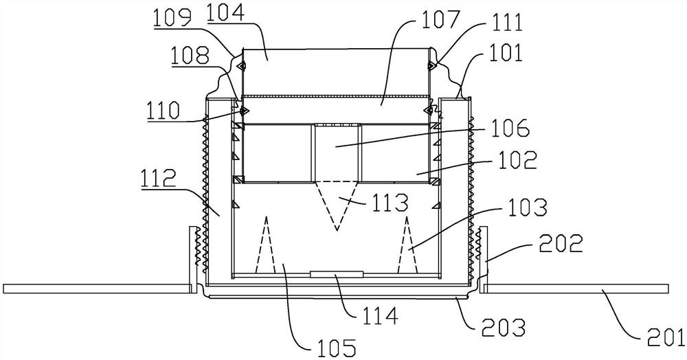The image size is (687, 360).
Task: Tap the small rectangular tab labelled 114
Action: click(337, 274)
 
